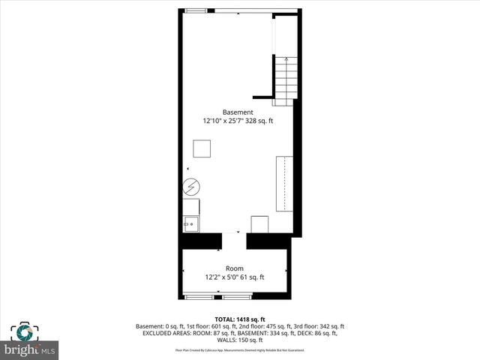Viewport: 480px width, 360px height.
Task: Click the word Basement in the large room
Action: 237,112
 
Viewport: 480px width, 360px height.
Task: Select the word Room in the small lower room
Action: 235,268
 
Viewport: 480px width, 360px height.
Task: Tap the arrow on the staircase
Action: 286,60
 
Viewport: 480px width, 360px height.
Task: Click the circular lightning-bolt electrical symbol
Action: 190,186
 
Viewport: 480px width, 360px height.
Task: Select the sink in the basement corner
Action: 190,223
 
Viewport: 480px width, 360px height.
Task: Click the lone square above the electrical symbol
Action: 202,148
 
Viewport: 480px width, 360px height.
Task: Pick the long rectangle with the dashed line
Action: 284,184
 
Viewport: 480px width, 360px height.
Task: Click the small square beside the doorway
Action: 259,224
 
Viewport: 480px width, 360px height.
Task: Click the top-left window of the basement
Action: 196,10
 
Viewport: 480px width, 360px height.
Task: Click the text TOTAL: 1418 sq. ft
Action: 239,319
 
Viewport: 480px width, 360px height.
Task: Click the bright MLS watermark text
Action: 30,350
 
